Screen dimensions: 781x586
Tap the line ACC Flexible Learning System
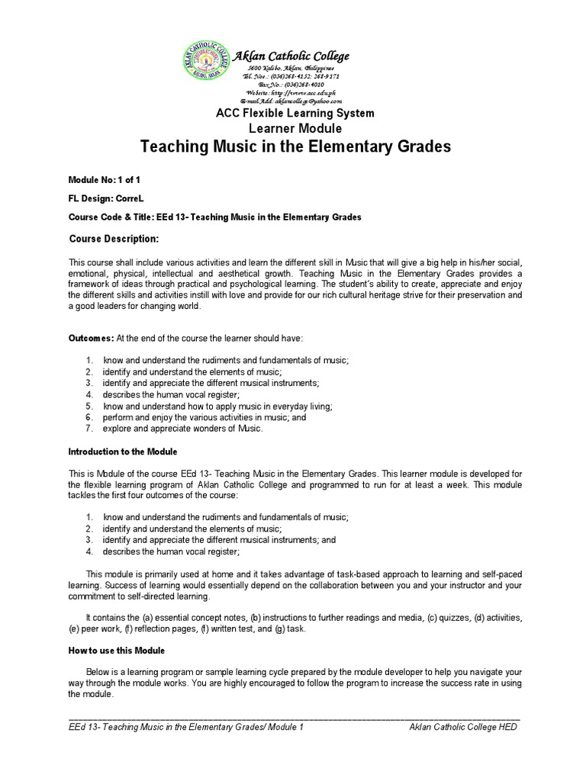(x=297, y=114)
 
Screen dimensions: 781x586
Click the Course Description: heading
(x=114, y=239)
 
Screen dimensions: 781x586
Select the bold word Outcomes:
(x=92, y=337)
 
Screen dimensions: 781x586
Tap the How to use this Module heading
(x=117, y=651)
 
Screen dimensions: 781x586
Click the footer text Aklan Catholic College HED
(x=463, y=728)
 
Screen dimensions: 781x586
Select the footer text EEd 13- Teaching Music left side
(x=186, y=728)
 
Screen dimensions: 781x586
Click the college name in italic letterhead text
(x=291, y=56)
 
